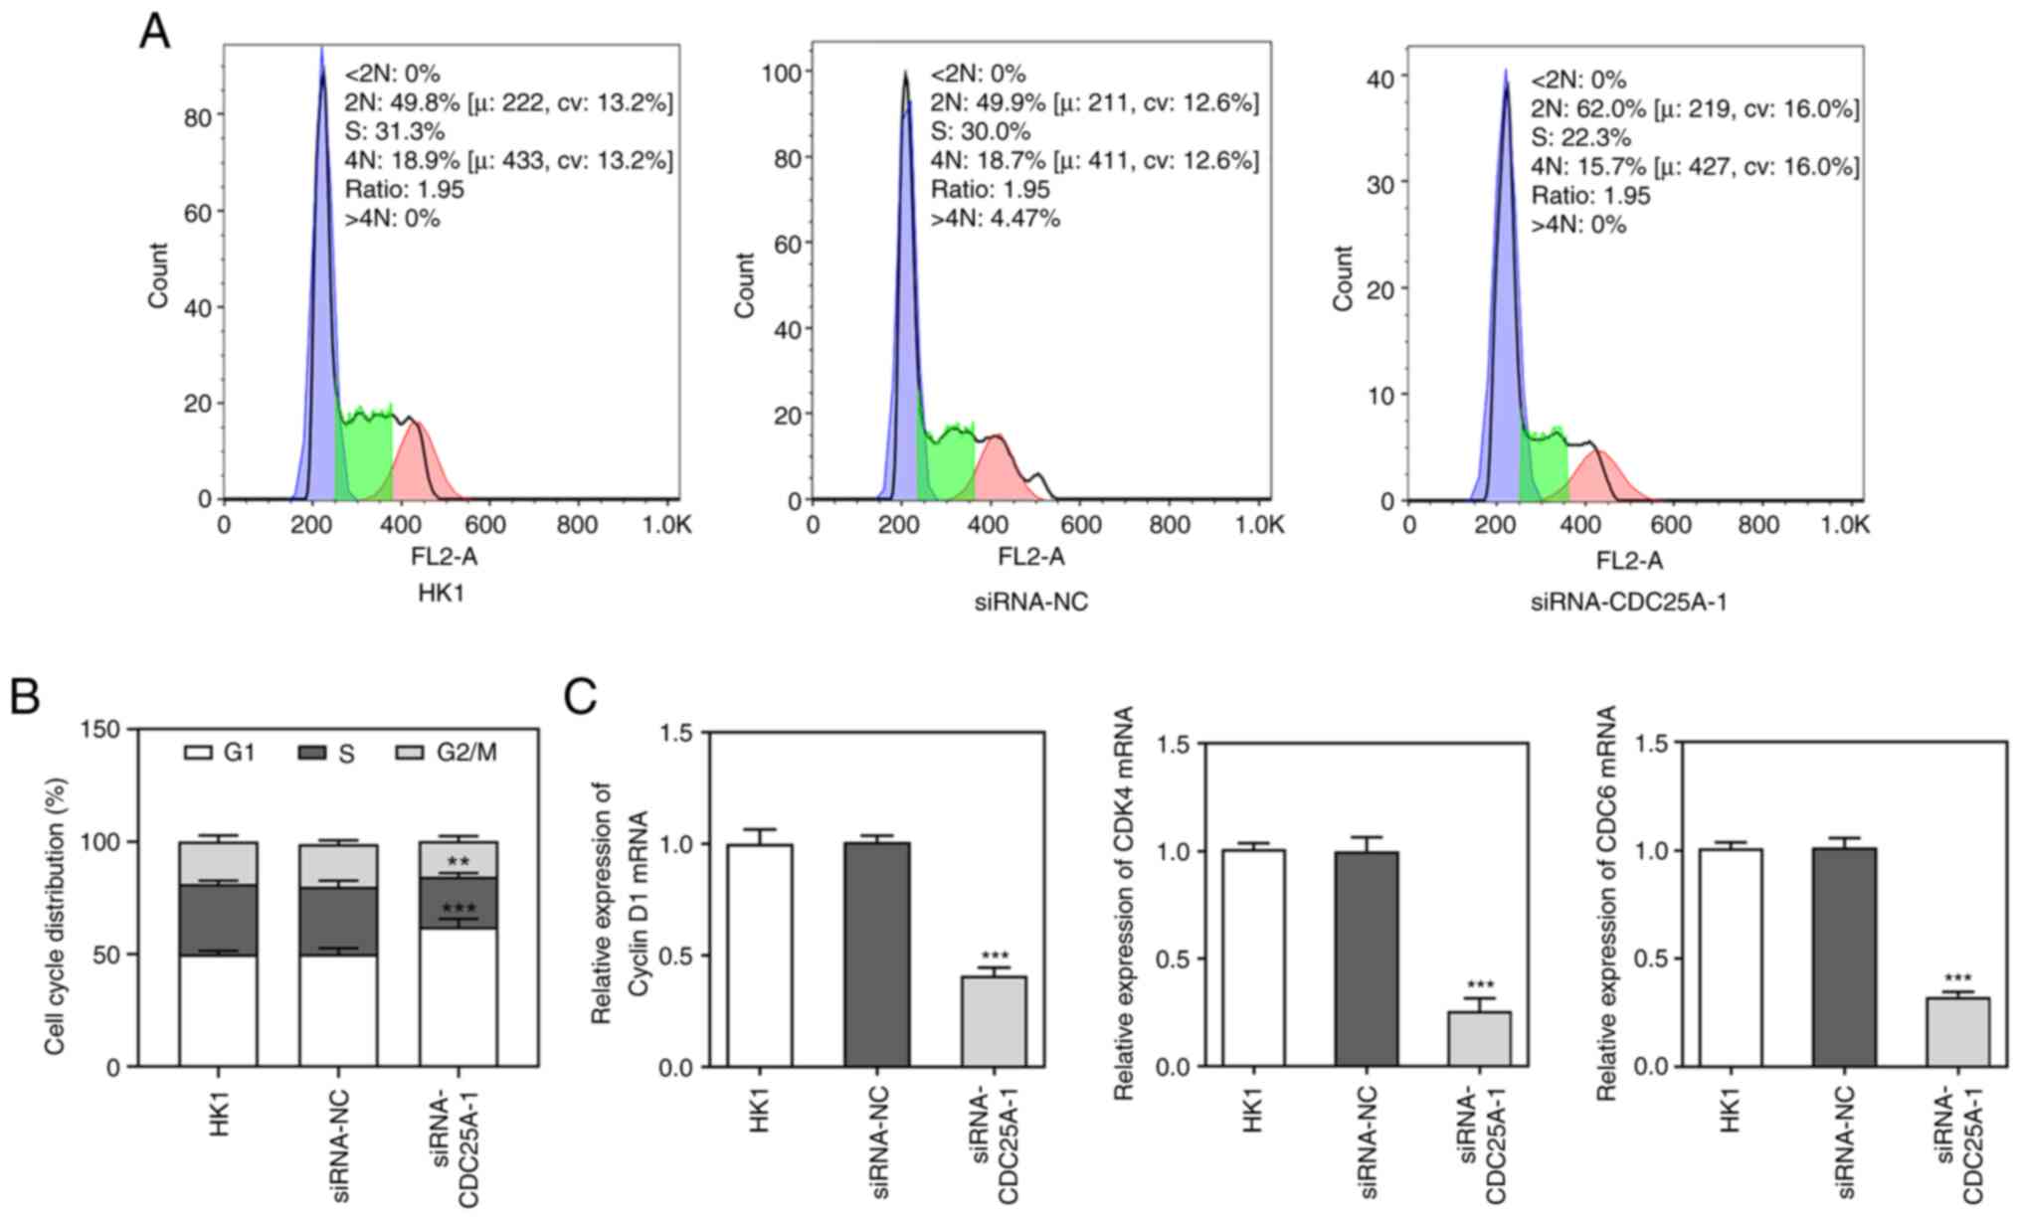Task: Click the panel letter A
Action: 154,32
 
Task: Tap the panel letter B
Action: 25,697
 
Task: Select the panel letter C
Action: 581,697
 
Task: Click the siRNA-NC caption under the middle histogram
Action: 1029,602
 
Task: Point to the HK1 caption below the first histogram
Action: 441,595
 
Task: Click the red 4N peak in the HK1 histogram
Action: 428,467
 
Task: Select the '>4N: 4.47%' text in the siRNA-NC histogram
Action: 995,218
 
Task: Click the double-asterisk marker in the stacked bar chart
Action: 458,862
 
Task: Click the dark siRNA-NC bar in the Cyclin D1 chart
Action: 876,955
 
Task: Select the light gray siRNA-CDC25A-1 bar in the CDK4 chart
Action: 1478,1038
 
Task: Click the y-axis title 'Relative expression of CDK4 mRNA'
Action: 1125,903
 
